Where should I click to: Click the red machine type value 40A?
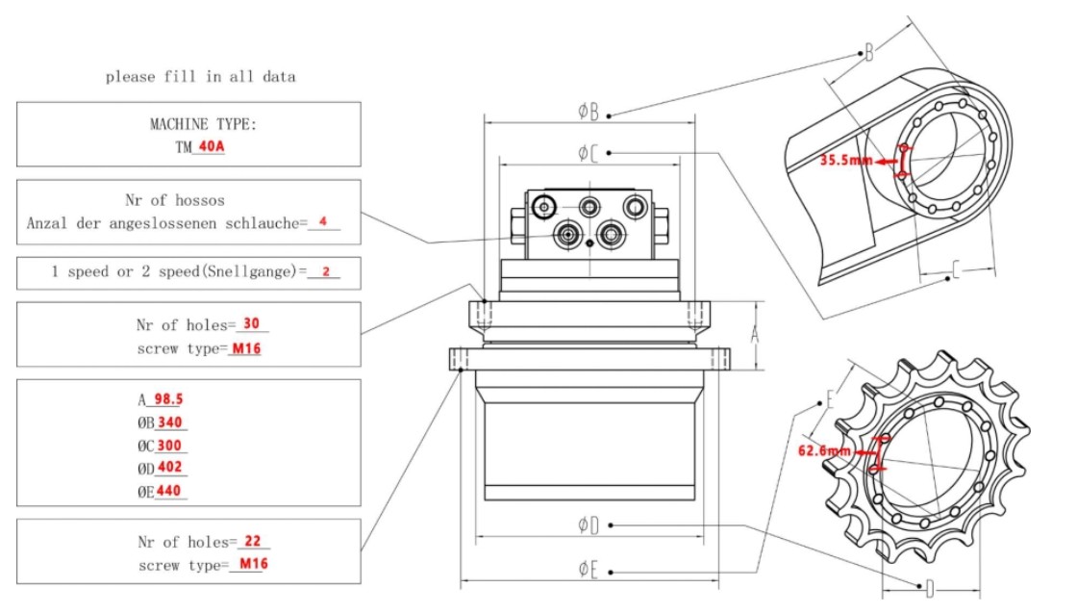pyautogui.click(x=212, y=147)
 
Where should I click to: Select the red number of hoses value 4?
pyautogui.click(x=324, y=222)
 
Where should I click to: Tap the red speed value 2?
pyautogui.click(x=326, y=272)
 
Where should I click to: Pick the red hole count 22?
pyautogui.click(x=253, y=542)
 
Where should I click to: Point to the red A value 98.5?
pyautogui.click(x=167, y=399)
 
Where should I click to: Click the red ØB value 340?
pyautogui.click(x=171, y=422)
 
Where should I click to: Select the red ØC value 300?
pyautogui.click(x=171, y=446)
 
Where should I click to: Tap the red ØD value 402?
pyautogui.click(x=171, y=469)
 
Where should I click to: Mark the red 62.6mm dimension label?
pyautogui.click(x=825, y=450)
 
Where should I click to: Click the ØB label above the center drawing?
pyautogui.click(x=589, y=112)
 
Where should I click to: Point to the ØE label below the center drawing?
pyautogui.click(x=589, y=569)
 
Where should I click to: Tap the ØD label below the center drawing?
pyautogui.click(x=589, y=524)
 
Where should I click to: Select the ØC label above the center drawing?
pyautogui.click(x=589, y=152)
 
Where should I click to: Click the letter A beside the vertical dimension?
pyautogui.click(x=756, y=335)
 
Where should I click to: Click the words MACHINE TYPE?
pyautogui.click(x=203, y=124)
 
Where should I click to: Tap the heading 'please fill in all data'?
pyautogui.click(x=200, y=77)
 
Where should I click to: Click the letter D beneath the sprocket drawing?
pyautogui.click(x=929, y=588)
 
